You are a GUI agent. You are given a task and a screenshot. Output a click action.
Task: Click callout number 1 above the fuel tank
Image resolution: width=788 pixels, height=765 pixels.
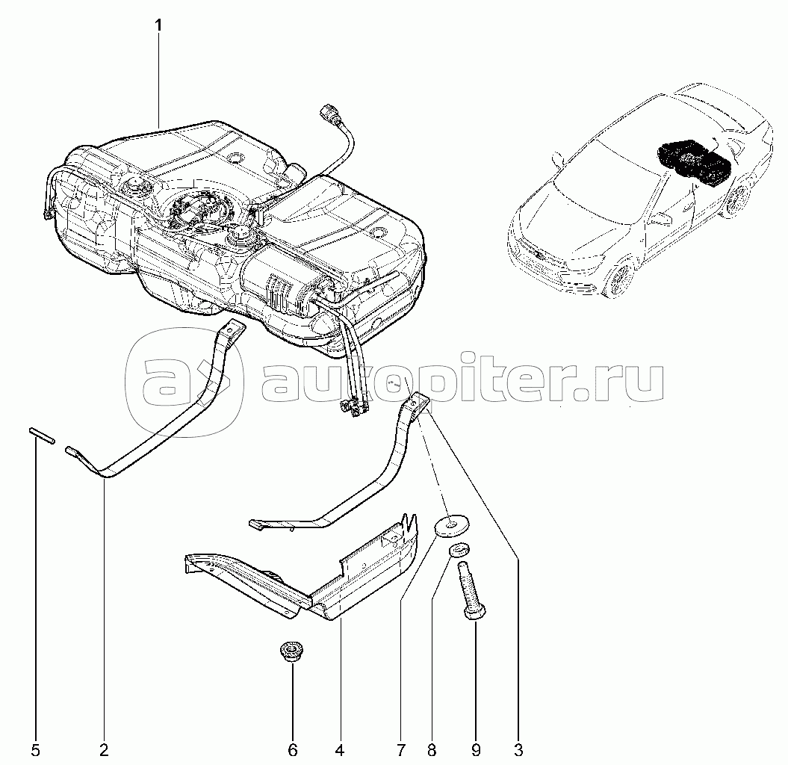pyautogui.click(x=159, y=25)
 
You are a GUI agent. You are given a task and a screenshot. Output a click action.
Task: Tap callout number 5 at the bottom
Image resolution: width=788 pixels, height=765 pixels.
pyautogui.click(x=35, y=751)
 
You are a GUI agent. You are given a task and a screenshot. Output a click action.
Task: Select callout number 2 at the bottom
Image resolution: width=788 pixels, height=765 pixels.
pyautogui.click(x=104, y=751)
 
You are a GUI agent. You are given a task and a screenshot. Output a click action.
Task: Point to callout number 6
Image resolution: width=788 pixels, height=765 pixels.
pyautogui.click(x=293, y=751)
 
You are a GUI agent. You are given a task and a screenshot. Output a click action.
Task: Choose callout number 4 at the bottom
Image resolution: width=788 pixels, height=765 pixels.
pyautogui.click(x=340, y=751)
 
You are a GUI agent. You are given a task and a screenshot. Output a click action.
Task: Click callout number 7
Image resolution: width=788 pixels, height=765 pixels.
pyautogui.click(x=401, y=751)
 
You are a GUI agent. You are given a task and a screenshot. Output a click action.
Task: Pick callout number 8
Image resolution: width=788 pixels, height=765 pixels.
pyautogui.click(x=432, y=751)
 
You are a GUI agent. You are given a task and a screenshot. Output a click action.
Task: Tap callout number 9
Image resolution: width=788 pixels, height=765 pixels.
pyautogui.click(x=476, y=751)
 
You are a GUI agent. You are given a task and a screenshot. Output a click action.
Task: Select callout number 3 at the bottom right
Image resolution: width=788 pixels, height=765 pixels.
pyautogui.click(x=518, y=751)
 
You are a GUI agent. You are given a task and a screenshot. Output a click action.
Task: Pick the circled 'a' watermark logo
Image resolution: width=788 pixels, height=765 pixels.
pyautogui.click(x=184, y=382)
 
